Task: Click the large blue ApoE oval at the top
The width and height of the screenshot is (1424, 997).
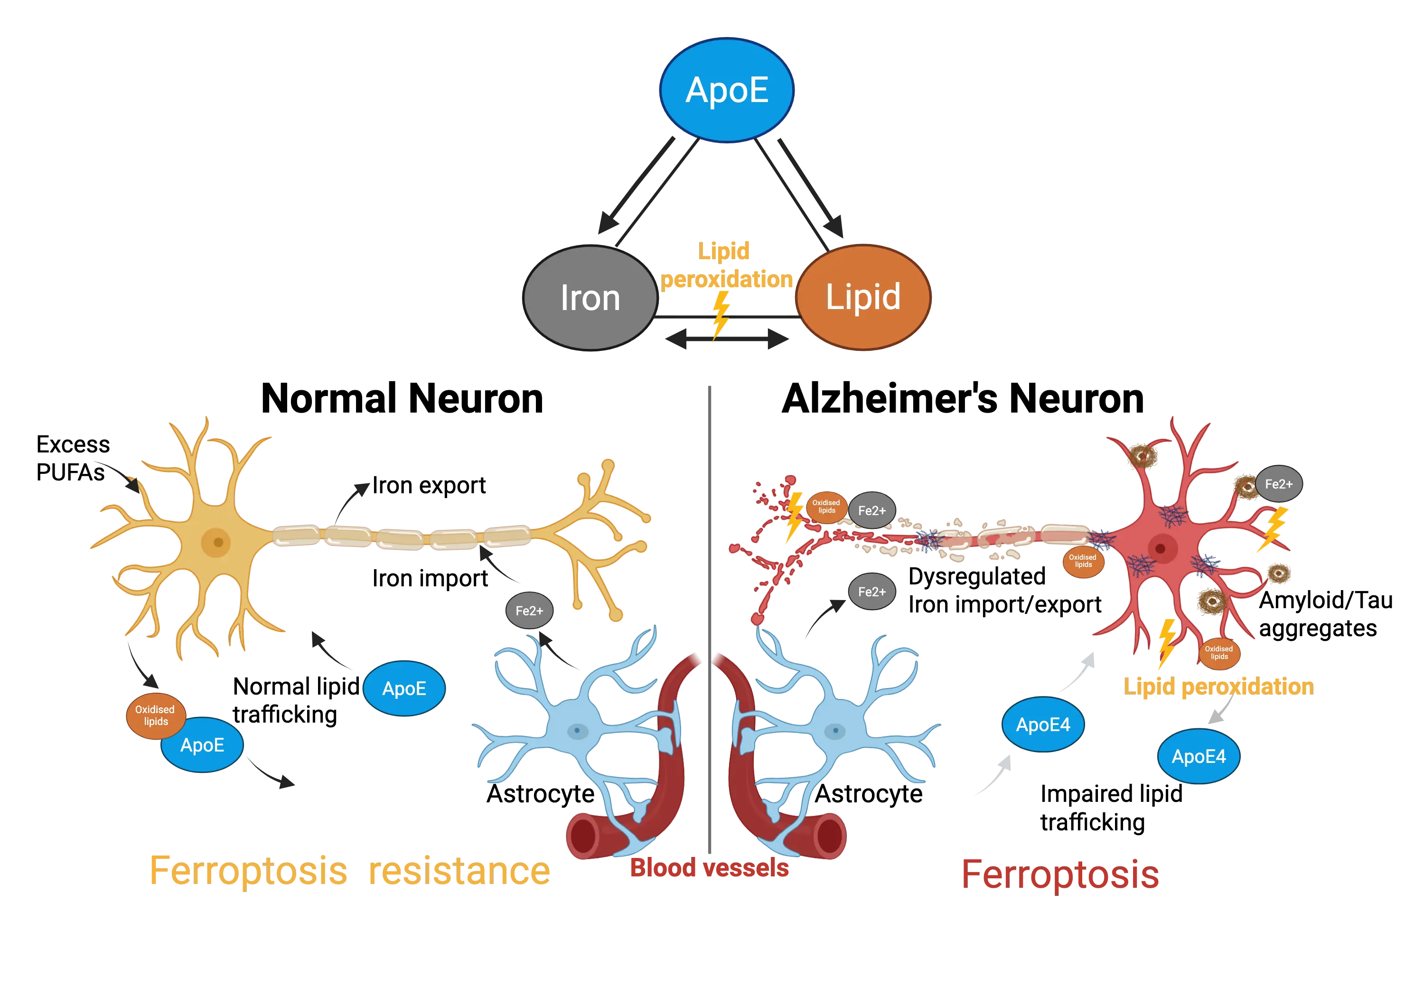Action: coord(727,90)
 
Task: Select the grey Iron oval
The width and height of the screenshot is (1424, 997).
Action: coord(590,298)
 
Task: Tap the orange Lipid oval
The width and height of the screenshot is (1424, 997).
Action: coord(863,297)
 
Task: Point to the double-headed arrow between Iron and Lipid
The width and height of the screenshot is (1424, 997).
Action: coord(727,339)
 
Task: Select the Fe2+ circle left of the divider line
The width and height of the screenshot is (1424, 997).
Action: coord(529,611)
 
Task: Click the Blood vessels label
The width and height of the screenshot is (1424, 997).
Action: coord(710,867)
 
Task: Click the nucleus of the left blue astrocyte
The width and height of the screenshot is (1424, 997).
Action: coord(577,730)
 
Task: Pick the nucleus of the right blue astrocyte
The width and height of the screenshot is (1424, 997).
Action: coord(835,730)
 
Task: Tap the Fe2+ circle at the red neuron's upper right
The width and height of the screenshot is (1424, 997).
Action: coord(1278,484)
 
